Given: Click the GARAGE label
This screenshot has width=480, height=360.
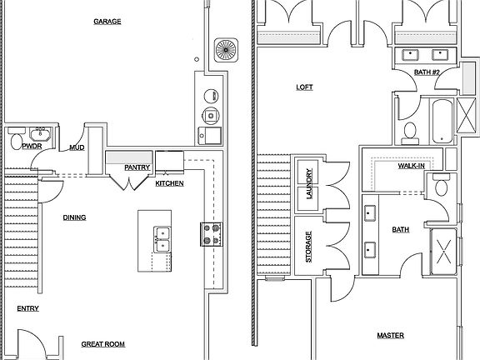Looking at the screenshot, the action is click(x=107, y=22).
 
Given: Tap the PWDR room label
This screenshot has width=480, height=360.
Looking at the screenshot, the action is click(x=32, y=147).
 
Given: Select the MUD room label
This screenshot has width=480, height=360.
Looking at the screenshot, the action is click(x=77, y=147).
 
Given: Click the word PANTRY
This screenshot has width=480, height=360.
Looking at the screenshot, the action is click(x=137, y=167).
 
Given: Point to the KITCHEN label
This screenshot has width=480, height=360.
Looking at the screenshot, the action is click(x=170, y=183).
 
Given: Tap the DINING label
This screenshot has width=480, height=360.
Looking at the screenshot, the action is click(x=74, y=217).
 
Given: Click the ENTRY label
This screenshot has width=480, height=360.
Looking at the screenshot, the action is click(x=27, y=308).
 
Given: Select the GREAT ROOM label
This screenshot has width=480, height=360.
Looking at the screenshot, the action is click(x=103, y=344).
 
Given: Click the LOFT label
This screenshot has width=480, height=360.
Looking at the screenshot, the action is click(x=305, y=87).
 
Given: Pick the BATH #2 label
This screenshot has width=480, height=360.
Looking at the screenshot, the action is click(x=427, y=72).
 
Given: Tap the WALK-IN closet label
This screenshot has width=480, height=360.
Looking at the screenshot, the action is click(x=412, y=166).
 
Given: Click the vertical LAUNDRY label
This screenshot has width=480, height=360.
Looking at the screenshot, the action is click(x=309, y=183).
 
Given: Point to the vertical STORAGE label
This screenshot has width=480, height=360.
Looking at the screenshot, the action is click(x=308, y=247).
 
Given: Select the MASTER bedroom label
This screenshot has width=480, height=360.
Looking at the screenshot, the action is click(x=390, y=336).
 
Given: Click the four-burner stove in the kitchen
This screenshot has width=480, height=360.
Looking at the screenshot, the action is click(x=212, y=234).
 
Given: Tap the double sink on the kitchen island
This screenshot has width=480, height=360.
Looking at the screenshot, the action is click(x=162, y=239).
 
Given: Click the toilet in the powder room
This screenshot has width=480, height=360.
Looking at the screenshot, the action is click(x=16, y=139).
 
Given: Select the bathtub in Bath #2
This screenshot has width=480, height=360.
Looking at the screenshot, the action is click(x=442, y=121).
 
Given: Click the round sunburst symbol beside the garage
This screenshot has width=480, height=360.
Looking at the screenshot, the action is click(x=226, y=50).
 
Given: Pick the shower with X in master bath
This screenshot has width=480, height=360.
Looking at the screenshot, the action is click(x=443, y=252).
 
